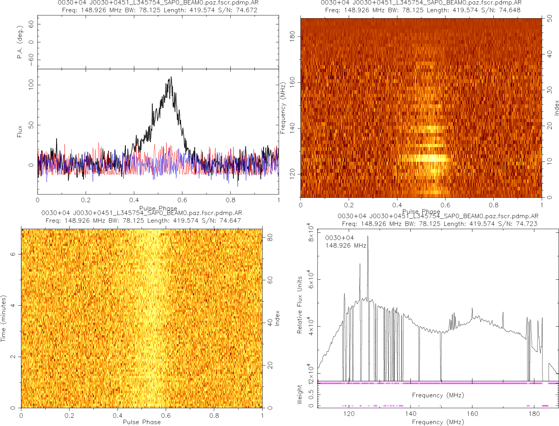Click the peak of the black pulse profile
point(171,77)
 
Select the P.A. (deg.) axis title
point(20,42)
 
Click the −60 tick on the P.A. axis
point(31,60)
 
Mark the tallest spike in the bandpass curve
point(367,236)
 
